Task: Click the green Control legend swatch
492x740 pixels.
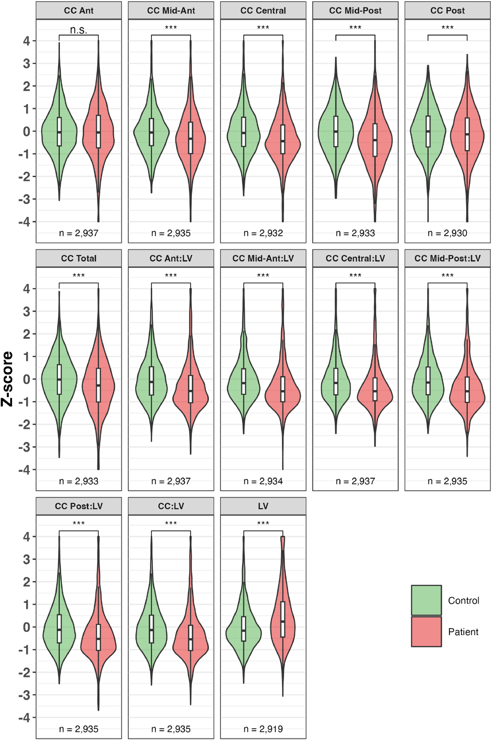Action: click(x=426, y=600)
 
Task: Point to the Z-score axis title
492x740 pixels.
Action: click(x=7, y=379)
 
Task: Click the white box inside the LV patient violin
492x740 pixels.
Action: click(x=283, y=619)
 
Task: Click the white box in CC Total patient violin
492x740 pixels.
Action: click(x=98, y=385)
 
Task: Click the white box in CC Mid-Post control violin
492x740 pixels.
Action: click(x=336, y=131)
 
